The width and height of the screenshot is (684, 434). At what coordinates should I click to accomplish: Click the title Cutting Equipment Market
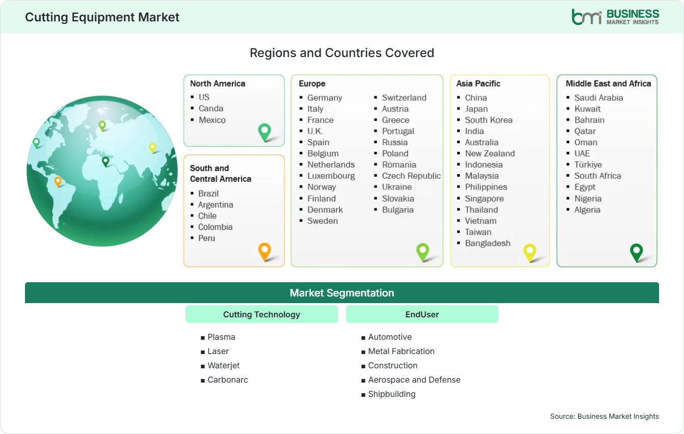pyautogui.click(x=102, y=17)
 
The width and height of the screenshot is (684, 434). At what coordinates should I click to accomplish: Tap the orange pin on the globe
pyautogui.click(x=58, y=182)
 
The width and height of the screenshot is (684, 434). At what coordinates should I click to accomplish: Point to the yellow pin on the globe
pyautogui.click(x=152, y=148)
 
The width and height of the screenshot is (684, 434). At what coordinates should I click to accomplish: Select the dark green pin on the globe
pyautogui.click(x=106, y=161)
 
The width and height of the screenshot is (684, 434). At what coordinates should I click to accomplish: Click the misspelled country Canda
pyautogui.click(x=211, y=108)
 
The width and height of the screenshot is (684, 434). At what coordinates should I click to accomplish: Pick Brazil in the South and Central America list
pyautogui.click(x=208, y=194)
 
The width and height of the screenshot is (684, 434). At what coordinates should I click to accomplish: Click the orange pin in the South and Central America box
pyautogui.click(x=265, y=252)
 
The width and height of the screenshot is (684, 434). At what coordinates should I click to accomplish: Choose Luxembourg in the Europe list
pyautogui.click(x=331, y=176)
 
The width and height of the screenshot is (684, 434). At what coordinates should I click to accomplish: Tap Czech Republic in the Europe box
pyautogui.click(x=411, y=176)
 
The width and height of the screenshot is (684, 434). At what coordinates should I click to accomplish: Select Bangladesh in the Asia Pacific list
pyautogui.click(x=488, y=243)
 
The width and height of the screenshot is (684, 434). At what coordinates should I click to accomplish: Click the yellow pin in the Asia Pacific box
pyautogui.click(x=530, y=253)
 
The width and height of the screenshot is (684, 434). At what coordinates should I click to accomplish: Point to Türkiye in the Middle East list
pyautogui.click(x=588, y=165)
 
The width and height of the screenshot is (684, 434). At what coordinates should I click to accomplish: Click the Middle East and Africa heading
pyautogui.click(x=608, y=84)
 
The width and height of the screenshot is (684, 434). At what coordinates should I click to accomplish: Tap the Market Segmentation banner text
pyautogui.click(x=341, y=293)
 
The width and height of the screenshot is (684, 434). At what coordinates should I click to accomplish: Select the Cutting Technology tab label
pyautogui.click(x=261, y=314)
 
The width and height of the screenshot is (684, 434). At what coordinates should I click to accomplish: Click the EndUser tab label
pyautogui.click(x=422, y=314)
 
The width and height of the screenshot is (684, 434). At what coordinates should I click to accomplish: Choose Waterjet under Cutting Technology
pyautogui.click(x=224, y=365)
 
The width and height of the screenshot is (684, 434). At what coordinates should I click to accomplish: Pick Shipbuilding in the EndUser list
pyautogui.click(x=392, y=394)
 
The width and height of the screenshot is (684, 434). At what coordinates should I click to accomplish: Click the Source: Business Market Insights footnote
pyautogui.click(x=604, y=416)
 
